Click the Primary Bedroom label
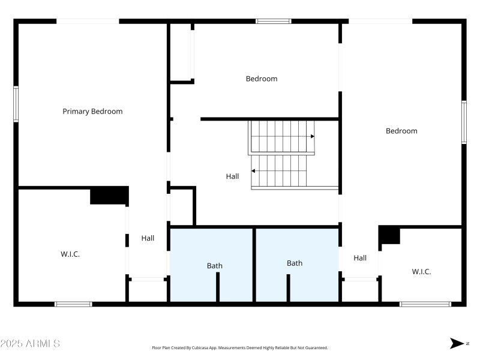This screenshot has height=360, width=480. tap(92, 111)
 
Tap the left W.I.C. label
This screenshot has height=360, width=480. tap(70, 254)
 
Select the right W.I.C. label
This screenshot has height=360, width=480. tap(421, 272)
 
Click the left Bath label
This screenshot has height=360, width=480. tap(214, 266)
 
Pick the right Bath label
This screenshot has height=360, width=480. tap(295, 263)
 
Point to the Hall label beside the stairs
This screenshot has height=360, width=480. tap(232, 176)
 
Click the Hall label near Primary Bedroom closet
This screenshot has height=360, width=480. tap(148, 238)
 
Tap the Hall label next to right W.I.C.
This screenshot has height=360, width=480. tap(360, 258)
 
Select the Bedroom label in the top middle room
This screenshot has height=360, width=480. tap(262, 79)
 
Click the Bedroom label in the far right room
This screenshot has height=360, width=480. tap(401, 131)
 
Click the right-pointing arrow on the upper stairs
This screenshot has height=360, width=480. tap(312, 137)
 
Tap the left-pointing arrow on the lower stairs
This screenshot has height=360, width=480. tap(254, 171)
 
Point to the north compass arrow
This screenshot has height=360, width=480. tap(457, 343)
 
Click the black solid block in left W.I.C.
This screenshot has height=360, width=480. tap(109, 196)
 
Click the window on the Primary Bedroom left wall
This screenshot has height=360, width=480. tap(16, 104)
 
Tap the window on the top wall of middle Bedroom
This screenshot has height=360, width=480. tap(274, 21)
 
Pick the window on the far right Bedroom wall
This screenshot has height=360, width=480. tap(464, 122)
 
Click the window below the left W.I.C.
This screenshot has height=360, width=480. tap(73, 304)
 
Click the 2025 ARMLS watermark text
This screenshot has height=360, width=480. tap(30, 344)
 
